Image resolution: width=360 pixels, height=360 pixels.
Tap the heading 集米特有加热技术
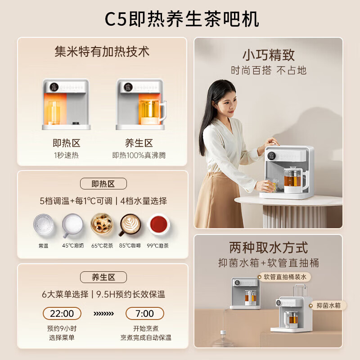point(102,51)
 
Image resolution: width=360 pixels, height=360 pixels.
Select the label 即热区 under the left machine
point(66,143)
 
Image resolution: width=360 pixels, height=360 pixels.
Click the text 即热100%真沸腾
point(139,155)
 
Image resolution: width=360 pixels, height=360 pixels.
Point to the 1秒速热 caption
point(66,155)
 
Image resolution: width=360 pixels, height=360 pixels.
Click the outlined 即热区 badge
point(103,184)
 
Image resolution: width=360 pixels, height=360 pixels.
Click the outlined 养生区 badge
point(103,277)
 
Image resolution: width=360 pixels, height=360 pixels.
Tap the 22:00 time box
point(62,314)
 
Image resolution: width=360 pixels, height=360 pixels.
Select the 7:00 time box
point(144,314)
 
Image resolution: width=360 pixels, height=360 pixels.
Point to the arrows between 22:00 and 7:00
point(103,314)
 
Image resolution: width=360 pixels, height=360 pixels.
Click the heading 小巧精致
point(268,55)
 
